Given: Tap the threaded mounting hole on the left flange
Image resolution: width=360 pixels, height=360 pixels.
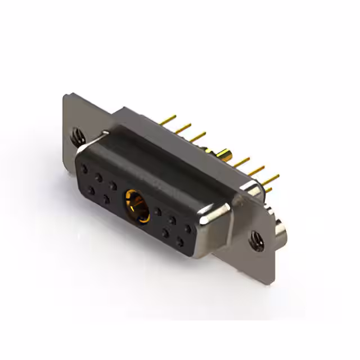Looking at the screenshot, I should (76, 135).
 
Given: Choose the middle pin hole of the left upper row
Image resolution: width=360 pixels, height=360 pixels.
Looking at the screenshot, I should (99, 176).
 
